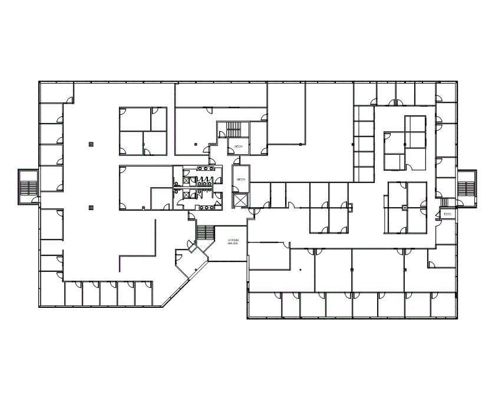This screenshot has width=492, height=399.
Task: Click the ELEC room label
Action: coord(447,214)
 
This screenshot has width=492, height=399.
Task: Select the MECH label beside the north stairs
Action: coord(239,147)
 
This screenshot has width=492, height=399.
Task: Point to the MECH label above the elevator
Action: coord(241,179)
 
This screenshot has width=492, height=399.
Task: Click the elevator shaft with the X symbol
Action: coord(241,199)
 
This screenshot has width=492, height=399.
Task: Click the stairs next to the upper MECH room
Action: coord(234,129)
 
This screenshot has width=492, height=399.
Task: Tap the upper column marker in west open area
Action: coord(90,144)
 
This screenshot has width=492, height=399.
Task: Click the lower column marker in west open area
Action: coord(90,207)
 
